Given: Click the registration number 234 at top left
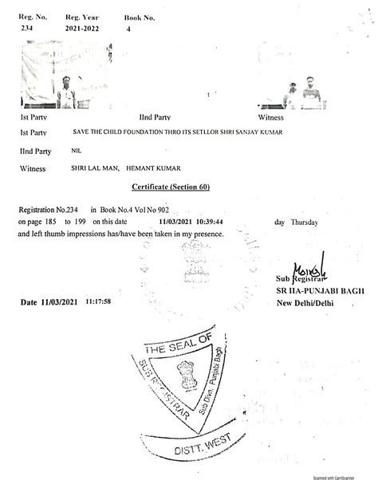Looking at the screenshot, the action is (x=26, y=26).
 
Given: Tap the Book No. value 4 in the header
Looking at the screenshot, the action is (x=128, y=28).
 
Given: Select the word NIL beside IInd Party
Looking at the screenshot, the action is (x=77, y=150).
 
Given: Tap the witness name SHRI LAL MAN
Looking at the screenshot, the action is (x=94, y=168).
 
